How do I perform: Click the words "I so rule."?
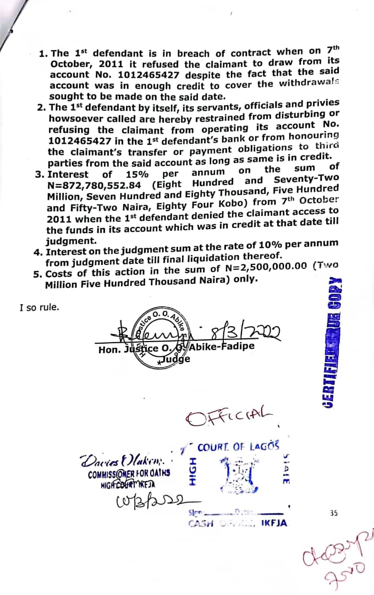(39, 307)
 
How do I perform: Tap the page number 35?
(334, 512)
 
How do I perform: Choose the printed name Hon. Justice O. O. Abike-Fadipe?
(176, 348)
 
